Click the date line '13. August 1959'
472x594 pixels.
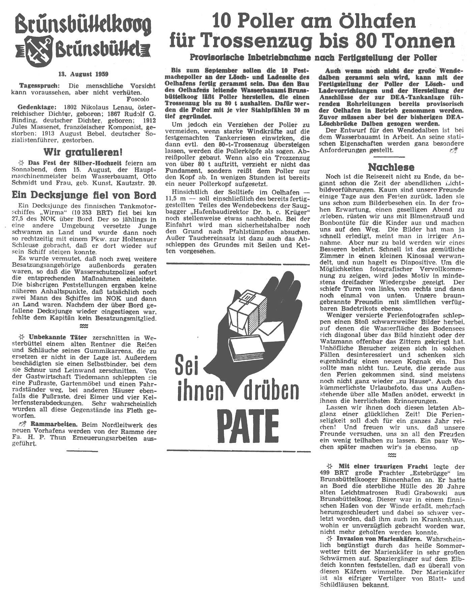pyautogui.click(x=83, y=74)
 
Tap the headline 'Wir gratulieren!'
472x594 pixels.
pyautogui.click(x=83, y=152)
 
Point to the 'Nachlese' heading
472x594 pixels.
pyautogui.click(x=391, y=167)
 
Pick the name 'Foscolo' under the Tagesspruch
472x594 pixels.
pyautogui.click(x=138, y=99)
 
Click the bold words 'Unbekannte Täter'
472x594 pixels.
pyautogui.click(x=58, y=337)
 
